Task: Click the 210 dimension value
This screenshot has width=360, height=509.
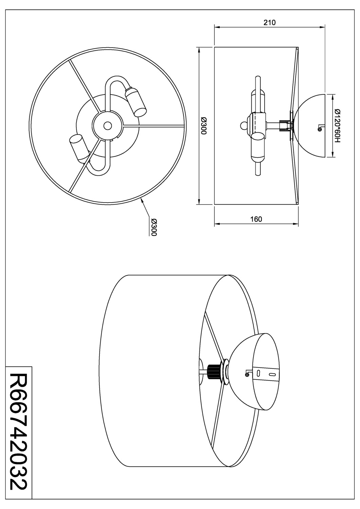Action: click(x=269, y=23)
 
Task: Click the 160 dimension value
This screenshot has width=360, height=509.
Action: click(x=256, y=219)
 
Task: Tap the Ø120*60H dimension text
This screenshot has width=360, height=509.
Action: click(x=337, y=126)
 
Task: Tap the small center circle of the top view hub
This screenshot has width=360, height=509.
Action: click(x=107, y=126)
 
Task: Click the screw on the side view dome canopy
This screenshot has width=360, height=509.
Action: click(x=319, y=128)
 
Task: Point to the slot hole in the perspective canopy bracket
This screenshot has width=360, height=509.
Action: click(x=272, y=375)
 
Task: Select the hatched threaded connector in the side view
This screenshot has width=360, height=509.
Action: click(x=283, y=126)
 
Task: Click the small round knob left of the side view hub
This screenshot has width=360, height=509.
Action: click(x=243, y=126)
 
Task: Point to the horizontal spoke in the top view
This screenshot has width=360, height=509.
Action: click(x=153, y=126)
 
